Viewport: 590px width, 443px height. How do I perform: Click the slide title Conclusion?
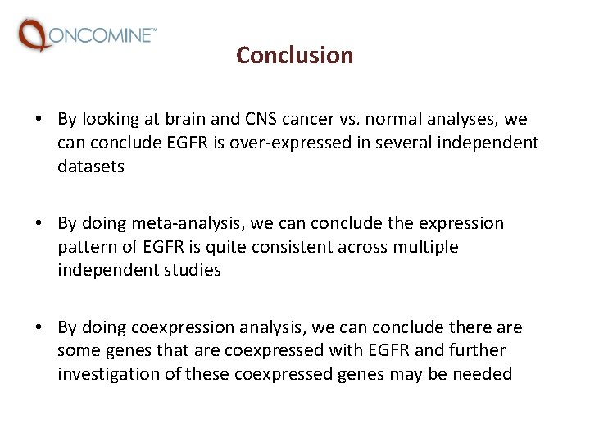coord(294,55)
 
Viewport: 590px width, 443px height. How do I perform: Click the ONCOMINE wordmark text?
coord(102,34)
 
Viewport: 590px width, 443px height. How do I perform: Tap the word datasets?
coord(91,167)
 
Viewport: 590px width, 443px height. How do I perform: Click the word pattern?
coord(88,247)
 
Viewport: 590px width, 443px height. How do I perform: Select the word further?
coord(476,350)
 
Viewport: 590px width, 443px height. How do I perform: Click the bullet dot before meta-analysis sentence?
coord(39,224)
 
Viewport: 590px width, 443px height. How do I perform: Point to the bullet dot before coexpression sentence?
coord(39,328)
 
